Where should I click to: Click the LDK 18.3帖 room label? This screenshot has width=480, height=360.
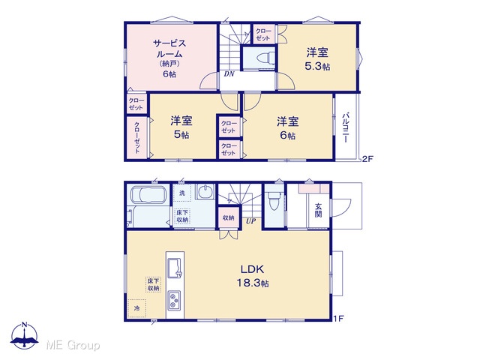coord(253,276)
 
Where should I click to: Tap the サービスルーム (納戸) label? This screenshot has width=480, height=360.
coord(169,58)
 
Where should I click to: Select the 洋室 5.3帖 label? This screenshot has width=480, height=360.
coord(317,59)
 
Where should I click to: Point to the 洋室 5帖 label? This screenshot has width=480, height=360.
coord(181,127)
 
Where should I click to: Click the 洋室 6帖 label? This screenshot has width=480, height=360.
coord(288,128)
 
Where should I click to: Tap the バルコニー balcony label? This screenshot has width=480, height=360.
coord(346,127)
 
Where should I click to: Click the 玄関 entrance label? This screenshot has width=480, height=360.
coord(318,210)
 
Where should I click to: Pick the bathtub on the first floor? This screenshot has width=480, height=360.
coord(148,195)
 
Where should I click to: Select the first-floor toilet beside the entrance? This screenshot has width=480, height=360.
coord(274,200)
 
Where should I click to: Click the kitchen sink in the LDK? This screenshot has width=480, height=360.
coord(175,268)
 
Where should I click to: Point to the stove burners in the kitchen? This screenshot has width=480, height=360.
coord(174,300)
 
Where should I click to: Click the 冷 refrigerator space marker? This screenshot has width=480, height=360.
coord(136,308)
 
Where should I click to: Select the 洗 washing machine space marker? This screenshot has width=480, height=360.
coord(182,193)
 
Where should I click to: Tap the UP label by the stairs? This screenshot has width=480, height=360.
coord(250,221)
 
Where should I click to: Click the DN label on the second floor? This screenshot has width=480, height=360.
coord(229,73)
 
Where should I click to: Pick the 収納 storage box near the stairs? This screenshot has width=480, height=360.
coord(228,217)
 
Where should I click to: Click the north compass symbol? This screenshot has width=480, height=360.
coord(25,336)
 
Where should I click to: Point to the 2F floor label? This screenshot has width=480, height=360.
coord(367,158)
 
